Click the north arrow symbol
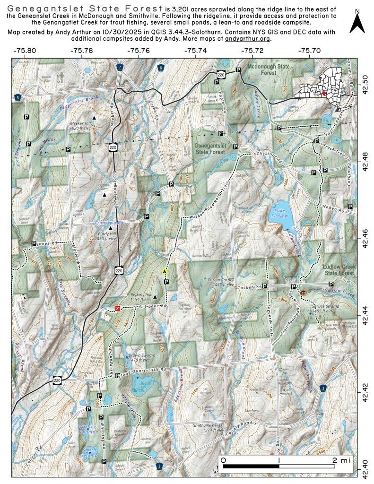point(357,23)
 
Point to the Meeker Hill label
point(79,124)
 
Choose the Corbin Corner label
point(221,282)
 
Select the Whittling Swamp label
point(87,429)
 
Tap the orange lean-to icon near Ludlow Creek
point(303,293)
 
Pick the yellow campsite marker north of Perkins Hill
point(164,271)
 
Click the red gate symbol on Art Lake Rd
point(117,308)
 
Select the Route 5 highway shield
point(17,97)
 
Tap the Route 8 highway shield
point(162,68)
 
